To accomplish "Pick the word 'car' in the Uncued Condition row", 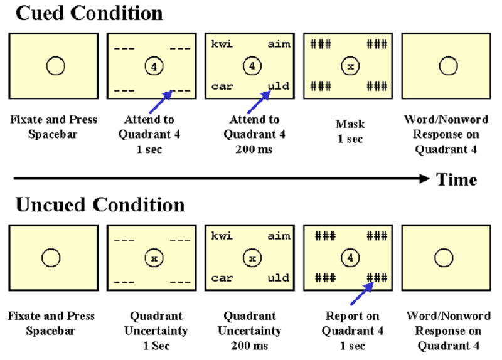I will (x=222, y=278).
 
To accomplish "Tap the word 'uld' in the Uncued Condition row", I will (x=279, y=278).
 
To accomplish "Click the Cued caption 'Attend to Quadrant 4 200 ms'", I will (x=250, y=130).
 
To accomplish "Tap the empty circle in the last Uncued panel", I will (x=444, y=257).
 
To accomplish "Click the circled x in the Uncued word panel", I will (x=251, y=257).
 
